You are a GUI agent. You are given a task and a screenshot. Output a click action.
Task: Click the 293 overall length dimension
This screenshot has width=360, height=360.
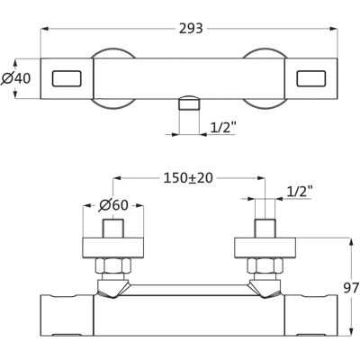coord(191,29)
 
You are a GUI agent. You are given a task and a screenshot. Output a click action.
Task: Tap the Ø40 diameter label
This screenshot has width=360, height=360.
coord(16,78)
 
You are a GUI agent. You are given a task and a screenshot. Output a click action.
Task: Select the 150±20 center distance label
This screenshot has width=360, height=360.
coord(188,178)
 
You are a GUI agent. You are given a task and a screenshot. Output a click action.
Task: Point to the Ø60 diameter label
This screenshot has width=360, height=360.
coord(113,205)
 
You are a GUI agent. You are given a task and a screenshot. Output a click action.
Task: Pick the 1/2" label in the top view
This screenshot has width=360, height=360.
coord(222,128)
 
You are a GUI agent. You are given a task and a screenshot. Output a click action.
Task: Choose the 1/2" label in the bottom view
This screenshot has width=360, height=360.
coord(300,191)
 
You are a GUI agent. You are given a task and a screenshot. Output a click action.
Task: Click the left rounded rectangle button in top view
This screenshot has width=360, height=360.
coord(67,78)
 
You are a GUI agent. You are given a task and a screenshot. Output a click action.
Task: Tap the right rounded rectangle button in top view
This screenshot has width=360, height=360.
coord(311,78)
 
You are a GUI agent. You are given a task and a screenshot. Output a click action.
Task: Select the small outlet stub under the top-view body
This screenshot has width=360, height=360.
coord(189,103)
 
